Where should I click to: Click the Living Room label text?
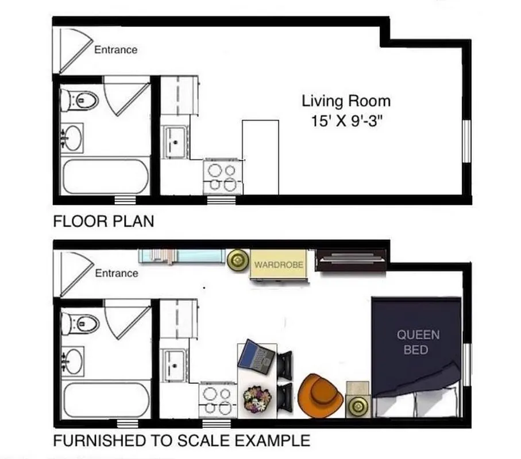pyautogui.click(x=346, y=101)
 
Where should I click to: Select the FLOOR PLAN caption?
pyautogui.click(x=103, y=221)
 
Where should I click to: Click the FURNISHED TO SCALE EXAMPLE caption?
pyautogui.click(x=182, y=441)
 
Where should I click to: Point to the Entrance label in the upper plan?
pyautogui.click(x=116, y=50)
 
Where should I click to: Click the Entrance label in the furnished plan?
pyautogui.click(x=117, y=273)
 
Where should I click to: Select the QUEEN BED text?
pyautogui.click(x=418, y=342)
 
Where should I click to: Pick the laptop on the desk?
pyautogui.click(x=257, y=356)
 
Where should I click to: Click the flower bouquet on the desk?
pyautogui.click(x=256, y=398)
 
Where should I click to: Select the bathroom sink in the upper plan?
pyautogui.click(x=73, y=138)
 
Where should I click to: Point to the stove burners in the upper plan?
pyautogui.click(x=222, y=177)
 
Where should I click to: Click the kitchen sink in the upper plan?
pyautogui.click(x=175, y=140)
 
